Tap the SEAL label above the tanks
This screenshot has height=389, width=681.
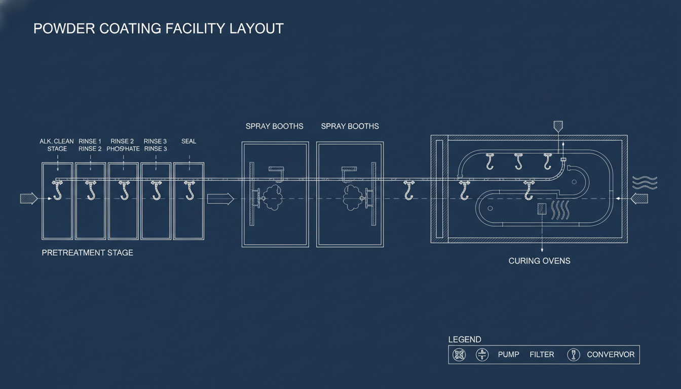188,141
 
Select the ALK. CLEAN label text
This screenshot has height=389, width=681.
57,141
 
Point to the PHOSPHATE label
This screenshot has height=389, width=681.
123,149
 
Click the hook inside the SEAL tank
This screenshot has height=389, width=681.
190,190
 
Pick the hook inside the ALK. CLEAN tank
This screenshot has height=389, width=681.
57,190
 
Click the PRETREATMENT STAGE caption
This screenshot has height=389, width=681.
87,252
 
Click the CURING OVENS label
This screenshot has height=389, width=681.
539,261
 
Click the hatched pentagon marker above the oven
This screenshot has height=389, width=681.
558,126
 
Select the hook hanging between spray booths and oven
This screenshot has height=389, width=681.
408,190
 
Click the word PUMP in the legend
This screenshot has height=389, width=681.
508,355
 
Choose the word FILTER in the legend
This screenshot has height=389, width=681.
542,355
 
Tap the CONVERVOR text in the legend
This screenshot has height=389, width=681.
610,355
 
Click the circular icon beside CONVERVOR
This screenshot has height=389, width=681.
573,355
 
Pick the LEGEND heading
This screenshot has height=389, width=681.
465,339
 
